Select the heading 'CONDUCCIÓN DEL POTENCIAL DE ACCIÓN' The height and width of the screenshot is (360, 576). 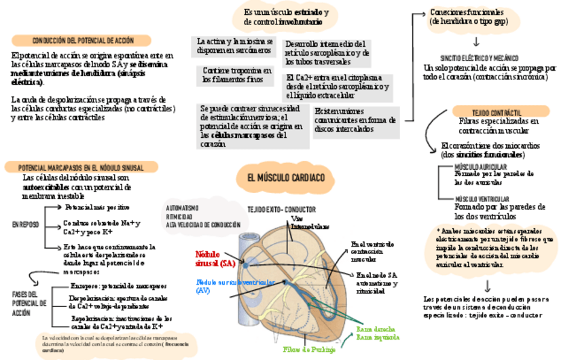(83, 41)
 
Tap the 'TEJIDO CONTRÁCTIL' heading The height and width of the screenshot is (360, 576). (497, 111)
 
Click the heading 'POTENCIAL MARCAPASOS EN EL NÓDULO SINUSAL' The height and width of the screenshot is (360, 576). (81, 167)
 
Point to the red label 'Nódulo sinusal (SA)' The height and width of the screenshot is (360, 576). (215, 258)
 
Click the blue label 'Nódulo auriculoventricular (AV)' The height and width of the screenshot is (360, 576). (225, 285)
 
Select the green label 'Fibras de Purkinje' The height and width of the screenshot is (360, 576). (309, 350)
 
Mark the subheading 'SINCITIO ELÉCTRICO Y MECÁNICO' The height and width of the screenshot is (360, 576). (479, 58)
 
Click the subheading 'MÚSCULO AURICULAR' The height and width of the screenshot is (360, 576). (480, 166)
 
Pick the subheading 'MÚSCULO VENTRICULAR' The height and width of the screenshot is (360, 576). (482, 198)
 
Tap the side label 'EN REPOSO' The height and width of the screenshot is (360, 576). (26, 224)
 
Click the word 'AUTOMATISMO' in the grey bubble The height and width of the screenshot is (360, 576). (183, 208)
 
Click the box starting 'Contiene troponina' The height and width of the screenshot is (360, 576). (233, 75)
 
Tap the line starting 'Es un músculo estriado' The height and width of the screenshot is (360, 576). (286, 13)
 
